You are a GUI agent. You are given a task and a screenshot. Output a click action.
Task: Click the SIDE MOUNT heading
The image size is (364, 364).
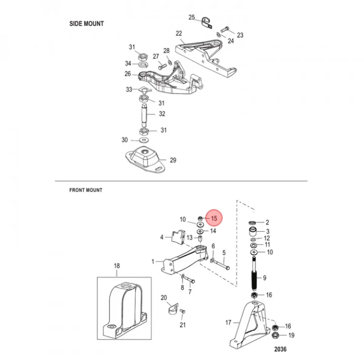(86, 24)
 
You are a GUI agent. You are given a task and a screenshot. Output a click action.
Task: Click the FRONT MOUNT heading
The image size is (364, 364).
(86, 190)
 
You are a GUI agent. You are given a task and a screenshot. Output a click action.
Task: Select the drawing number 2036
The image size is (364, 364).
(280, 349)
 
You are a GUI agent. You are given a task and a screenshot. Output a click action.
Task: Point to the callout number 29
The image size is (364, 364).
(173, 160)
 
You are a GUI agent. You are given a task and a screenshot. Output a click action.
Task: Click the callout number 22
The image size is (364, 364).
(179, 33)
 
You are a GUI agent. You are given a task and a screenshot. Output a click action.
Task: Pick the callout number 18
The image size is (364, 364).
(117, 266)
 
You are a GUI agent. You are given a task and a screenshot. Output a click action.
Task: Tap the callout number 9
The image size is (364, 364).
(265, 278)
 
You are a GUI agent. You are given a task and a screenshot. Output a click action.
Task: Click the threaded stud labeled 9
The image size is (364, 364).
(254, 273)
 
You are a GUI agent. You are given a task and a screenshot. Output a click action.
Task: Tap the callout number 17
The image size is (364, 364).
(228, 322)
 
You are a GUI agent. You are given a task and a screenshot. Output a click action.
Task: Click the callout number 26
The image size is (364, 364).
(127, 74)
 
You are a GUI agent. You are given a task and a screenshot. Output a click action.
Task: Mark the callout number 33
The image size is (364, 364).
(129, 89)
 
